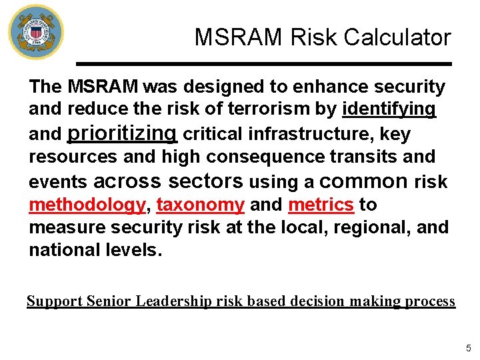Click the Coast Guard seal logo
click(36, 32)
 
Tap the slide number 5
click(469, 348)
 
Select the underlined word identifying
click(389, 109)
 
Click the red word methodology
click(87, 205)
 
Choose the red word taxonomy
click(200, 205)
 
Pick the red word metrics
click(321, 205)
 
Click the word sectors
click(206, 181)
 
